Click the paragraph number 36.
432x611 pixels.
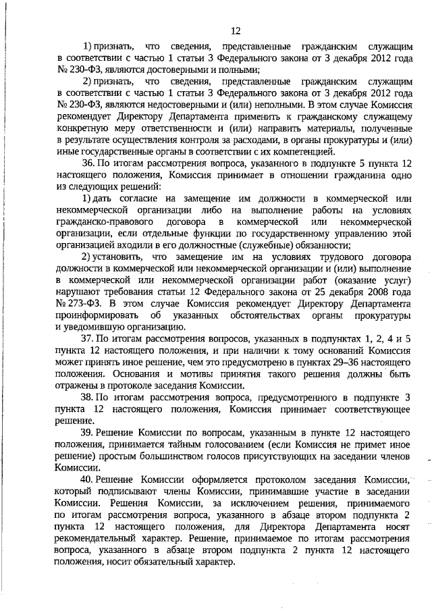[x=88, y=164]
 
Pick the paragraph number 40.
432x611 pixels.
[x=88, y=479]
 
